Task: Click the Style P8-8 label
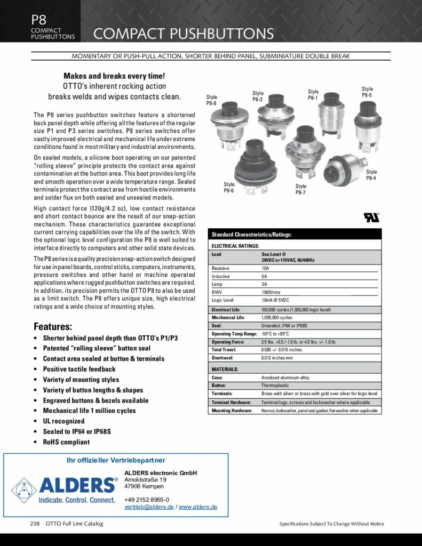tap(212, 100)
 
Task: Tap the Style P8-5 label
tap(367, 92)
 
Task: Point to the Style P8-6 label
tap(229, 187)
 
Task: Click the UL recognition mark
tap(371, 218)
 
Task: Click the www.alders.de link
tap(198, 507)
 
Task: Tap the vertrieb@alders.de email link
tap(149, 507)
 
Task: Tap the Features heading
tap(53, 326)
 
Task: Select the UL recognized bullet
tap(67, 421)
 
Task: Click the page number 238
tap(35, 524)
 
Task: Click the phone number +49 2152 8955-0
tap(147, 499)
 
